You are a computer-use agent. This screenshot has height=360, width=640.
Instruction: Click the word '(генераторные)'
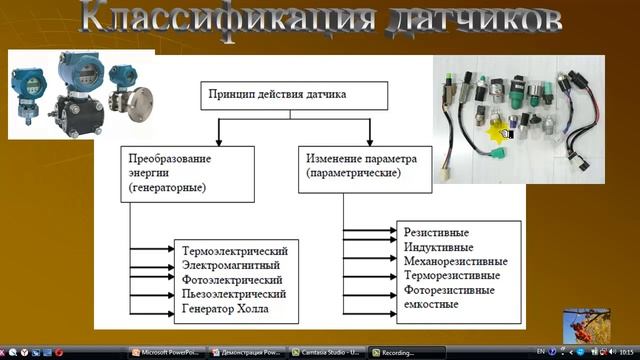pyautogui.click(x=168, y=187)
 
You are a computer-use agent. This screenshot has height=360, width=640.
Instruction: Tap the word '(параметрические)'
pyautogui.click(x=353, y=173)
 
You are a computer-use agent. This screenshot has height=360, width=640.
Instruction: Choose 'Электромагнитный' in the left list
pyautogui.click(x=231, y=264)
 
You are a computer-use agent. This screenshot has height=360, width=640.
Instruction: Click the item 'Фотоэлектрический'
pyautogui.click(x=233, y=279)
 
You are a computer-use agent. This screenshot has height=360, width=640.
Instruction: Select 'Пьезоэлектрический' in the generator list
pyautogui.click(x=235, y=294)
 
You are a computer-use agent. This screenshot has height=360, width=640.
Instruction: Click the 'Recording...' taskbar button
pyautogui.click(x=404, y=352)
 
